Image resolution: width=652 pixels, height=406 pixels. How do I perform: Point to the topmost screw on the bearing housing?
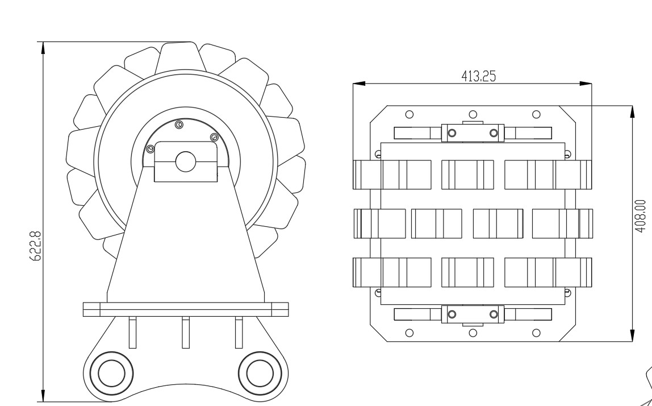179,124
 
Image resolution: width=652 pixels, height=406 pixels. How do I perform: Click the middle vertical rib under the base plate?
185,332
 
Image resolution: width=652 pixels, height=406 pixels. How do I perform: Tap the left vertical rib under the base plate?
132,332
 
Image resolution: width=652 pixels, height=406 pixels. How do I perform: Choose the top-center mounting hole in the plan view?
473,114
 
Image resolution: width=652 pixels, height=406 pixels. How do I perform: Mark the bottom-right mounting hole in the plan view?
536,332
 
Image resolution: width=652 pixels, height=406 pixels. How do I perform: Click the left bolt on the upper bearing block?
452,133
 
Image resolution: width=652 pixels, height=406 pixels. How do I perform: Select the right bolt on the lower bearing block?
494,313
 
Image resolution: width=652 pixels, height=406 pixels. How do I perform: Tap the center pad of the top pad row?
467,174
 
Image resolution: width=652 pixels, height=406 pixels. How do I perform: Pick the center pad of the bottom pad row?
467,272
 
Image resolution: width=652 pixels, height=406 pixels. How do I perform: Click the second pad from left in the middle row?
436,223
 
